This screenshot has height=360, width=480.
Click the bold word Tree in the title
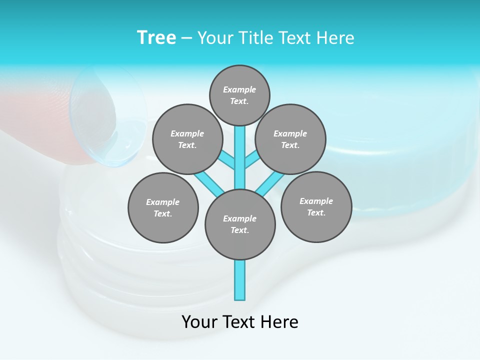coord(156,37)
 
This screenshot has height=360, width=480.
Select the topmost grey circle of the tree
coord(239,95)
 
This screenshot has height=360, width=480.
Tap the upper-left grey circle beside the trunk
coord(187,139)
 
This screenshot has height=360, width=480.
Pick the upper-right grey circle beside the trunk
coord(290,139)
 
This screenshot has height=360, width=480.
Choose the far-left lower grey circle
coord(163,207)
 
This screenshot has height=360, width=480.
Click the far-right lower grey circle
coord(316,206)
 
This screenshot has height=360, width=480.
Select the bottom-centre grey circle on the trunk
coord(240,224)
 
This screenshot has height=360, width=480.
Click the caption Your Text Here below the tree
coord(239,322)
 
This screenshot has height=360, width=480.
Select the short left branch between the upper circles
coord(227,160)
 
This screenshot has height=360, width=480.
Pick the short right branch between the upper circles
coord(252,160)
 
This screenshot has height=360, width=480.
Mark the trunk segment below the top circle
coord(240,150)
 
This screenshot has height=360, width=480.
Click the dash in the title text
coord(186,38)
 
